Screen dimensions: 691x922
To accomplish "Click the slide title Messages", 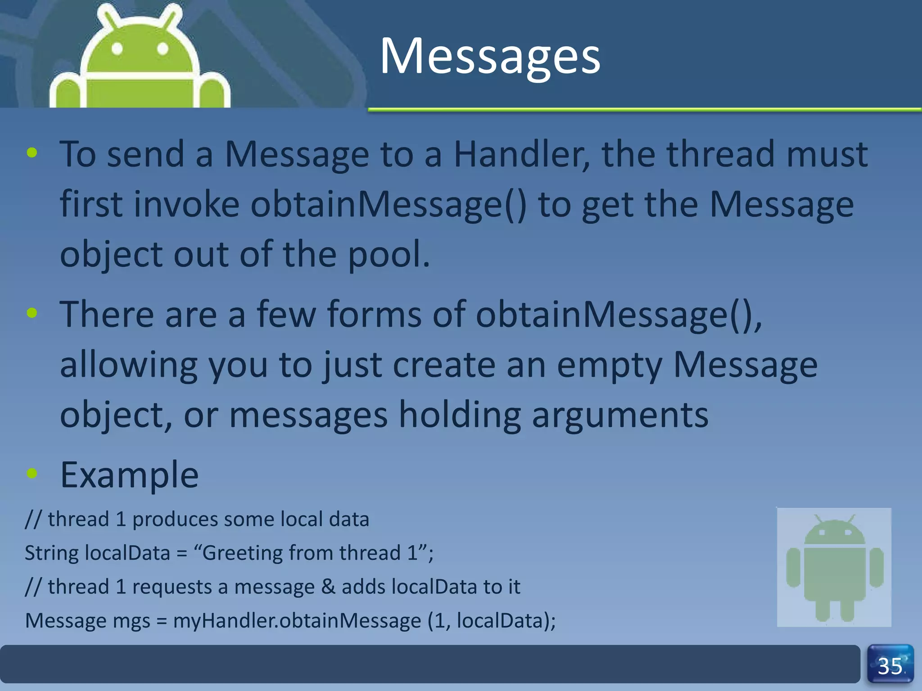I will pos(490,56).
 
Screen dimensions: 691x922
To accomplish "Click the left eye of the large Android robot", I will pos(118,48).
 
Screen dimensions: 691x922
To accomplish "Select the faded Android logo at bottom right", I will pos(834,567).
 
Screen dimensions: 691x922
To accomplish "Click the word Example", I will pos(129,475).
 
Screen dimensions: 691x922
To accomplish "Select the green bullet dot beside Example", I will pos(32,473).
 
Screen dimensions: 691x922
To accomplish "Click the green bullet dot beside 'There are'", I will pos(32,313).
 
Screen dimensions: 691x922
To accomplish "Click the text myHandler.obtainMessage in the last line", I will pos(297,621).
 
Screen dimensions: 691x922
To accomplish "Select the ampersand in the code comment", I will pos(328,587).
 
